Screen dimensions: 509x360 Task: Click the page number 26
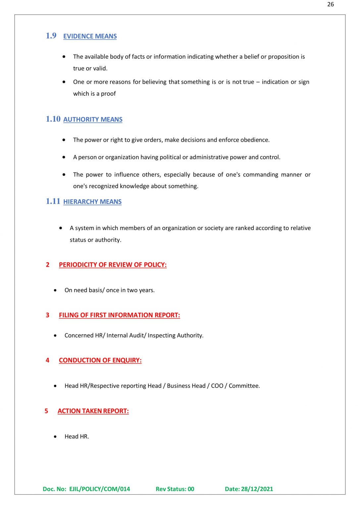pos(330,4)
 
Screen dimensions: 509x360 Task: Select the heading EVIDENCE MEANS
pos(90,36)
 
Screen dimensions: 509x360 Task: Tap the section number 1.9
pos(51,36)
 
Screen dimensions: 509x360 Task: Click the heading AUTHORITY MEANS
pos(93,119)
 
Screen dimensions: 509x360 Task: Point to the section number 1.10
pos(53,119)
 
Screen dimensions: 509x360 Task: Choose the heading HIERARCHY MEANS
pos(92,201)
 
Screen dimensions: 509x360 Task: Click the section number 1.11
pos(53,201)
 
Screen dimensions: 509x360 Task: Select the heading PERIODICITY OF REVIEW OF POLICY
pos(113,265)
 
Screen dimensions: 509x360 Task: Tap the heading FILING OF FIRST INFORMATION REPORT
pos(119,315)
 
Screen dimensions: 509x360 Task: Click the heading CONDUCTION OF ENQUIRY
pos(100,360)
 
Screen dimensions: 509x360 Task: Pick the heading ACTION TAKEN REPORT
pos(93,411)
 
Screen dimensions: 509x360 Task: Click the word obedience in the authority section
pos(255,140)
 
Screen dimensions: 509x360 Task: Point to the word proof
pos(108,94)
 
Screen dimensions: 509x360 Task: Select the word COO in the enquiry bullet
pos(217,386)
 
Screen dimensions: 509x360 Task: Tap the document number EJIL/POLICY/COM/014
pos(99,489)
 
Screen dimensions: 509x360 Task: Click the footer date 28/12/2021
pos(257,489)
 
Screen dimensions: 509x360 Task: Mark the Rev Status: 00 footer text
pos(175,489)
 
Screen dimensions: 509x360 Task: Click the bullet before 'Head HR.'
pos(55,437)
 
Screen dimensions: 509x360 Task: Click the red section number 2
pos(48,265)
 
